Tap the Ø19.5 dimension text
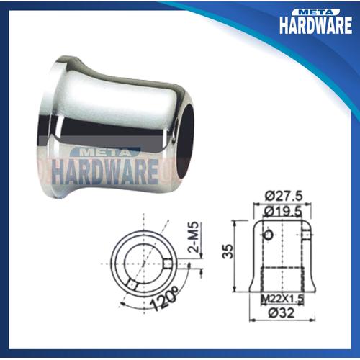coord(282,212)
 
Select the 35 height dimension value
coord(228,251)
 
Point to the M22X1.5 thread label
coord(282,299)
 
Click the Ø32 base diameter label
coord(281,312)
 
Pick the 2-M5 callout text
coord(194,237)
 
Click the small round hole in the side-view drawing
coord(269,235)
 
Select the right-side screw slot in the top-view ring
coord(168,264)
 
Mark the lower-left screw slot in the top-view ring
coord(132,284)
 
